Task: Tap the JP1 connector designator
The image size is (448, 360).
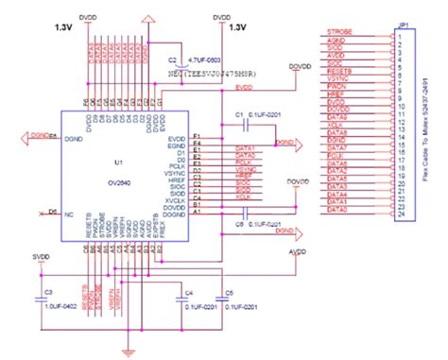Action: coord(400,26)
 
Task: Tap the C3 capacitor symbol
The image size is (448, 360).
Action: coord(41,296)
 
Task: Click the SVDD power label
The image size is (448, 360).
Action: coord(39,256)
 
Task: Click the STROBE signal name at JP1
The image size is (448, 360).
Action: coord(339,32)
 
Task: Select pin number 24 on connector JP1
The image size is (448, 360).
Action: coord(402,214)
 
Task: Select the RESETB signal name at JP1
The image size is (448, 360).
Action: coord(339,71)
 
